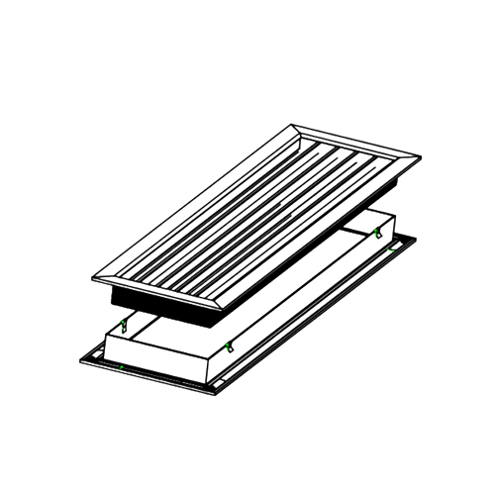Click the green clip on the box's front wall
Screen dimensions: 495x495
[x=229, y=345]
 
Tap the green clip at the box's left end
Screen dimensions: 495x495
[x=125, y=326]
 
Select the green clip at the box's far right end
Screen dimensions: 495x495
[x=377, y=233]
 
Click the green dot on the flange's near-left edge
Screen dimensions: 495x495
[x=120, y=367]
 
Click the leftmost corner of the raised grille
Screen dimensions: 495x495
[x=91, y=277]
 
